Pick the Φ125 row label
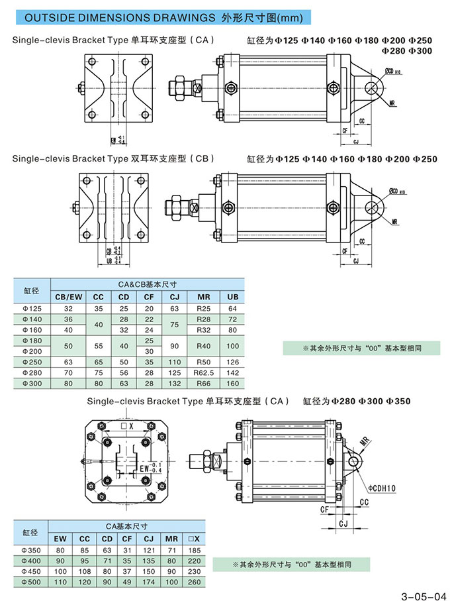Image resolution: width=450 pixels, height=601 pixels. (x=32, y=308)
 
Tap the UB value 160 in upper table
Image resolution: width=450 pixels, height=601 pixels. (x=232, y=383)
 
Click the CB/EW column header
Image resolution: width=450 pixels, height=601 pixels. (x=68, y=296)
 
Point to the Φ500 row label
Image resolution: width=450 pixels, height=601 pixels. (x=32, y=582)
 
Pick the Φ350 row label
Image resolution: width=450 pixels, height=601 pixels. (x=32, y=550)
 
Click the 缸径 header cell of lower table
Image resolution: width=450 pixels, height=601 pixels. (x=32, y=533)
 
